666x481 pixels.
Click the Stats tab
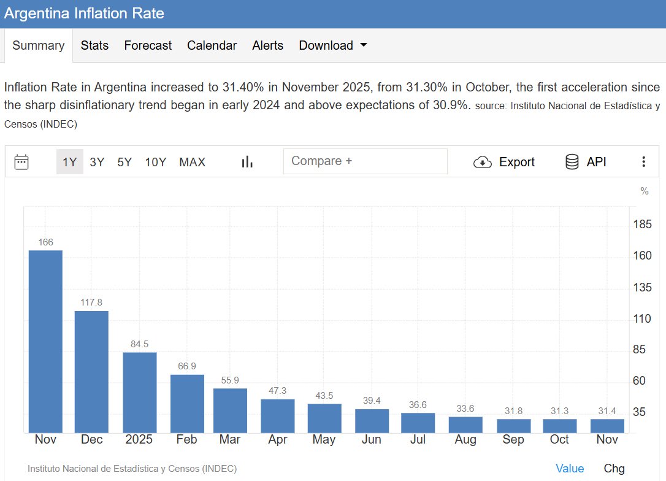pyautogui.click(x=94, y=45)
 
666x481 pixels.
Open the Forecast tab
pyautogui.click(x=148, y=45)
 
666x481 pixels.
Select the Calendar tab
pyautogui.click(x=212, y=45)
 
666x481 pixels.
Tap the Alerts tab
pyautogui.click(x=267, y=45)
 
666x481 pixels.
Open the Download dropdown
pyautogui.click(x=332, y=45)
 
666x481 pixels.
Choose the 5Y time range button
pyautogui.click(x=124, y=162)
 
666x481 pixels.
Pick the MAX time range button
pyautogui.click(x=192, y=162)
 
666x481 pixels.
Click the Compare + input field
pyautogui.click(x=365, y=161)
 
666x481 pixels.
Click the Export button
pyautogui.click(x=504, y=162)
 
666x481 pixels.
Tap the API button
pyautogui.click(x=586, y=162)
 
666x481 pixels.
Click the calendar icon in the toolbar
pyautogui.click(x=21, y=162)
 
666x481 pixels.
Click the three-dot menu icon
pyautogui.click(x=643, y=162)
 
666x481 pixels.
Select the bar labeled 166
pyautogui.click(x=45, y=341)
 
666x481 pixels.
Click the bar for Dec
pyautogui.click(x=91, y=372)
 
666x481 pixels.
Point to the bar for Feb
pyautogui.click(x=187, y=403)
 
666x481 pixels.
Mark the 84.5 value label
pyautogui.click(x=139, y=344)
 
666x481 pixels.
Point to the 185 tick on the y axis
pyautogui.click(x=642, y=224)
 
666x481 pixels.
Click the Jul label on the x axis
pyautogui.click(x=418, y=439)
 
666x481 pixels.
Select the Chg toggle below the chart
pyautogui.click(x=614, y=468)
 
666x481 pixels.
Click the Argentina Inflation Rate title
pyautogui.click(x=84, y=13)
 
